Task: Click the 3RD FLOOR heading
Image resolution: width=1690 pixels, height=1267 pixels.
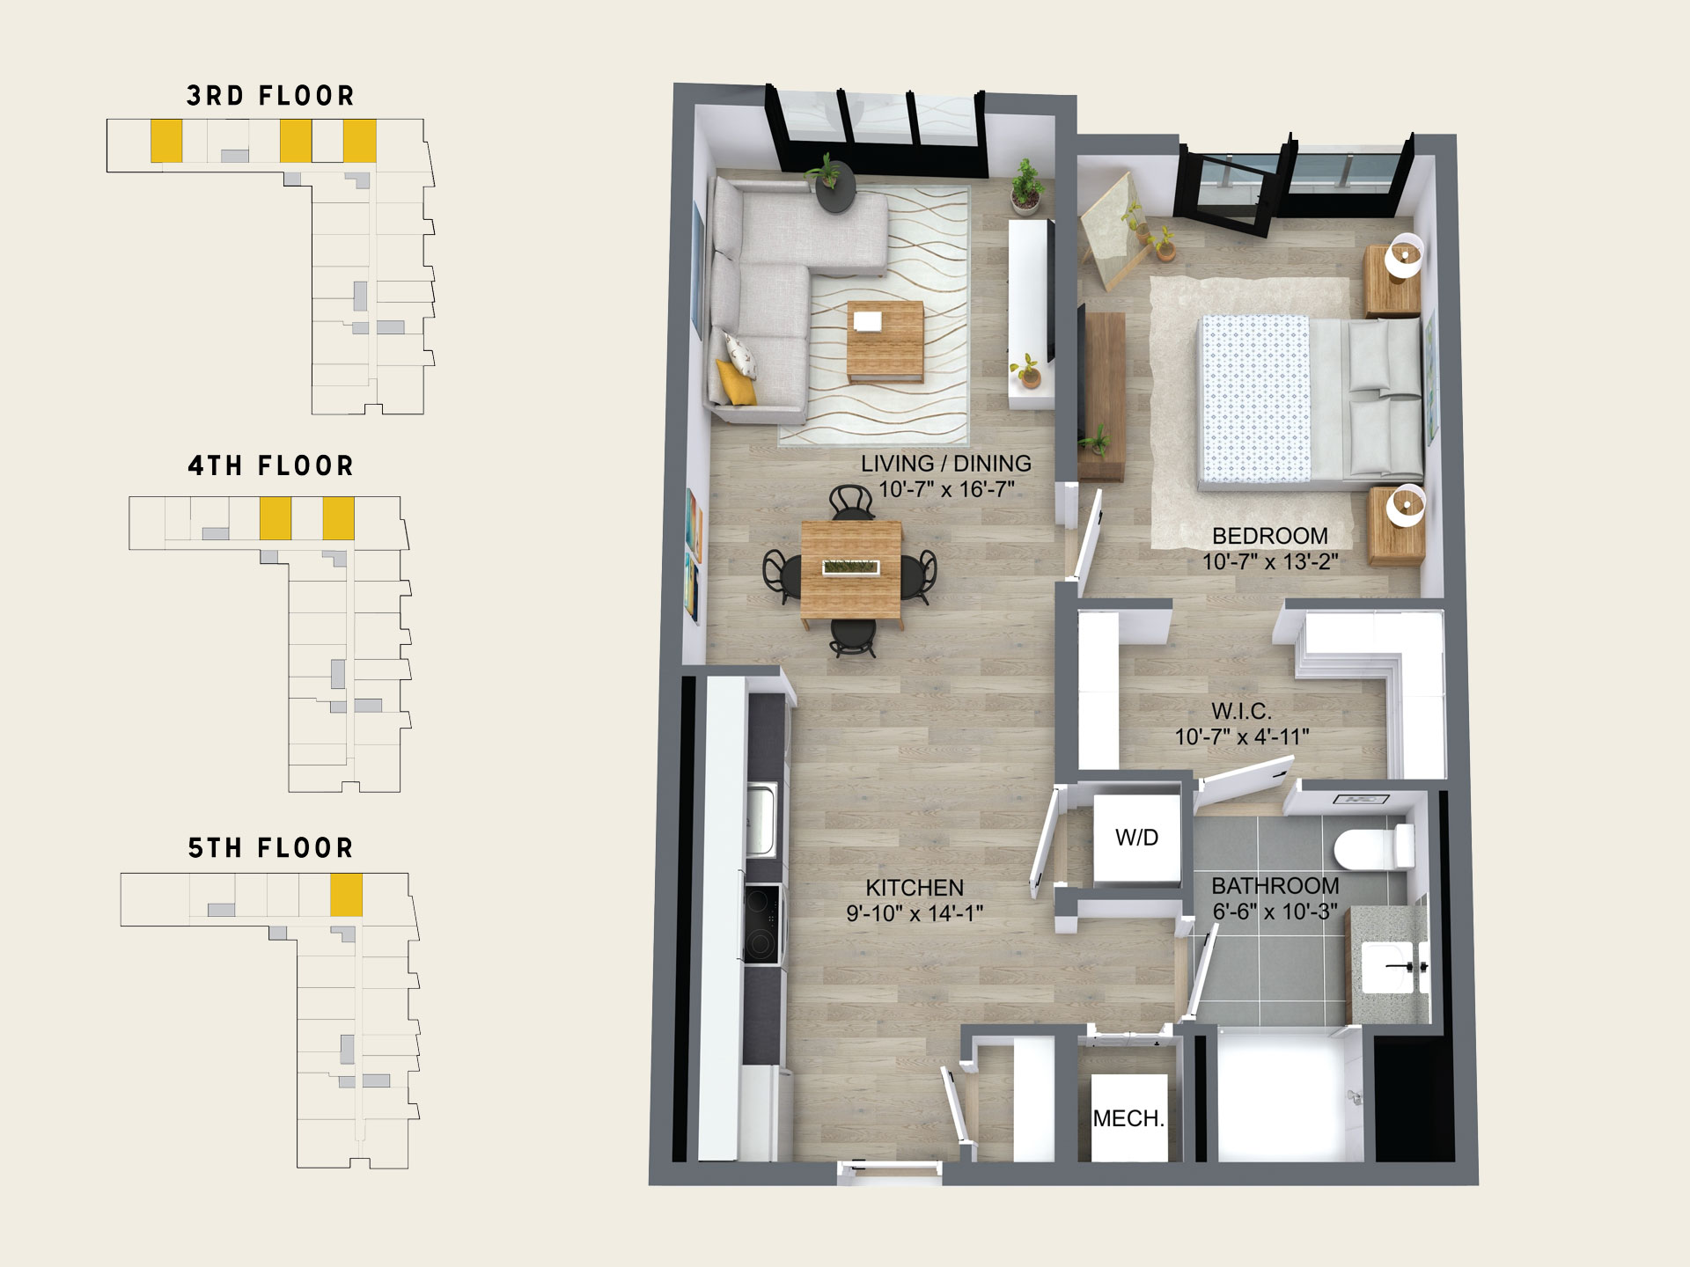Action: tap(270, 96)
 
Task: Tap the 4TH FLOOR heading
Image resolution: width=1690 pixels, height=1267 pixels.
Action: tap(270, 465)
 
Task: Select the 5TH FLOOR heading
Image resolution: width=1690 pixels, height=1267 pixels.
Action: tap(270, 848)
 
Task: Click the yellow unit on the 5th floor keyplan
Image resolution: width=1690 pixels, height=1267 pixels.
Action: tap(346, 895)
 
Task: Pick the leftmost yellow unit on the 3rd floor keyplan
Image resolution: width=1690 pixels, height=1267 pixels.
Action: tap(166, 141)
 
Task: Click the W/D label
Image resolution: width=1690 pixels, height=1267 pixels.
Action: tap(1136, 838)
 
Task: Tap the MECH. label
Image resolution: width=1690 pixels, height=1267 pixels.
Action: tap(1128, 1118)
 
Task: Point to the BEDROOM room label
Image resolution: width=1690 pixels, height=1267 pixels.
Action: tap(1270, 536)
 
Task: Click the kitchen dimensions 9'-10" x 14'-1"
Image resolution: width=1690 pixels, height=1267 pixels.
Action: tap(915, 913)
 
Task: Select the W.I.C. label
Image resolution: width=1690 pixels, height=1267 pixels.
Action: tap(1241, 711)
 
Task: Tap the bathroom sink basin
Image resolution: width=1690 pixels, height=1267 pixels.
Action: tap(1392, 967)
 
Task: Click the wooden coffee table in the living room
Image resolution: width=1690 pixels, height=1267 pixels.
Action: tap(885, 341)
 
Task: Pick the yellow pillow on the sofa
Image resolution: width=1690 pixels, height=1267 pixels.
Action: tap(736, 382)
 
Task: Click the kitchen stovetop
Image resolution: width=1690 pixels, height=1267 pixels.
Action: tap(762, 923)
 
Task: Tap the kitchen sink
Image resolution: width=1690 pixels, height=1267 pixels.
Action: tap(761, 820)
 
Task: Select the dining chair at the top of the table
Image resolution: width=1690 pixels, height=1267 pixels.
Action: tap(852, 502)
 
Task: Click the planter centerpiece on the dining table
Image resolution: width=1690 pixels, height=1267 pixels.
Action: tap(851, 568)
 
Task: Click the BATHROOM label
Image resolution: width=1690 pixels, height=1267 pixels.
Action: tap(1275, 886)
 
